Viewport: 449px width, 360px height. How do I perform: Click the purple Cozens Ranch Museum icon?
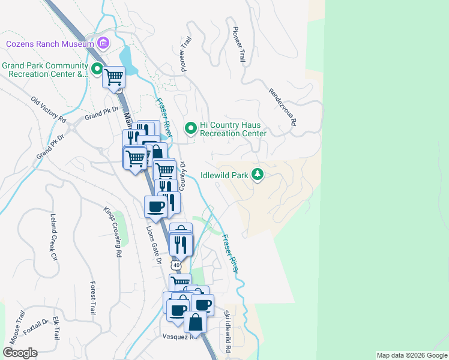(x=103, y=43)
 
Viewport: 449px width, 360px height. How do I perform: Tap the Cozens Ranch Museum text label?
(x=50, y=44)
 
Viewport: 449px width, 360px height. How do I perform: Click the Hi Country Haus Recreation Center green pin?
(x=191, y=128)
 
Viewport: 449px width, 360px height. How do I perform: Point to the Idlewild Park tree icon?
(x=258, y=174)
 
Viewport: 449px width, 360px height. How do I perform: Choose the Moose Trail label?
(x=18, y=327)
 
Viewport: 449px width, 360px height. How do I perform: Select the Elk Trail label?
(x=56, y=328)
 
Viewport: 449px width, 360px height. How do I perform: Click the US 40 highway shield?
(x=175, y=265)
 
